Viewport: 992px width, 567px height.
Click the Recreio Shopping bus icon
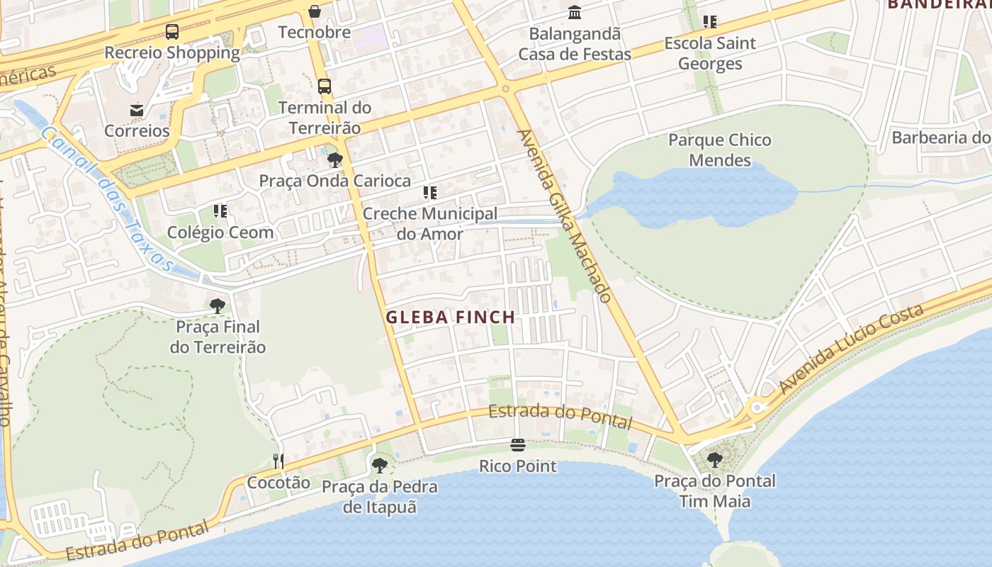tap(172, 31)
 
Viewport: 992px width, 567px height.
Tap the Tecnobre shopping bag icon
tap(315, 11)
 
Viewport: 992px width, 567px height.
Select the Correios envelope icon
tap(137, 111)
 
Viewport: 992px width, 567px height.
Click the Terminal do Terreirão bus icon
tap(325, 86)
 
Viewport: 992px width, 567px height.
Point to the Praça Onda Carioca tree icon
tap(335, 160)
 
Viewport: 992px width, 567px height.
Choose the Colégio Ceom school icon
tap(220, 211)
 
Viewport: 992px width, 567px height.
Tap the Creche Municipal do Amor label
tap(430, 223)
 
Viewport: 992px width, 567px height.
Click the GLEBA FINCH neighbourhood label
tap(451, 318)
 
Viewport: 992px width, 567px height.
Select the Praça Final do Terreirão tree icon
tap(218, 306)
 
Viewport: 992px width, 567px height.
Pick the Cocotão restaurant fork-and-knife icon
tap(278, 461)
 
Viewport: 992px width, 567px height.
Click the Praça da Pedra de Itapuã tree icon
tap(380, 466)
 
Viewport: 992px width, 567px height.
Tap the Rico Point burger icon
tap(518, 445)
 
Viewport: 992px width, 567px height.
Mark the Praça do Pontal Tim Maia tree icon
tap(715, 459)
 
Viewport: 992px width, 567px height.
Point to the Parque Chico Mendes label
tap(720, 150)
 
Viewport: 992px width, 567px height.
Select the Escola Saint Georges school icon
tap(709, 22)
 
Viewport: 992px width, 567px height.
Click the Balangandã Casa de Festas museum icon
tap(575, 13)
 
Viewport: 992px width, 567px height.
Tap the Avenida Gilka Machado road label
tap(563, 215)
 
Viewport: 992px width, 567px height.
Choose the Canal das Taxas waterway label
tap(107, 199)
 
